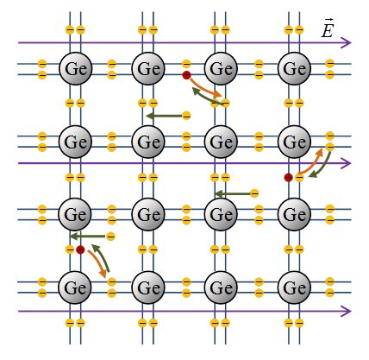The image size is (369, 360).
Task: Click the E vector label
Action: click(x=328, y=28)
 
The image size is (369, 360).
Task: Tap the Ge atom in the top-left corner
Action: click(x=76, y=69)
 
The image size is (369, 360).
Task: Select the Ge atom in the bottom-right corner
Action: click(x=294, y=287)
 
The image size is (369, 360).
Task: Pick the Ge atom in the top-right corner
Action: click(x=294, y=69)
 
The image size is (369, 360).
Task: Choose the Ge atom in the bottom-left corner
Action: click(x=75, y=287)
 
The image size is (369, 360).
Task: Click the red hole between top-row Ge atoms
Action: click(x=186, y=75)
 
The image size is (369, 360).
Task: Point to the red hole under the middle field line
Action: click(x=288, y=178)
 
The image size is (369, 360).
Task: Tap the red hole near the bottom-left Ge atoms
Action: click(x=80, y=249)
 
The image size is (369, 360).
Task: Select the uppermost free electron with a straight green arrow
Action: click(x=186, y=116)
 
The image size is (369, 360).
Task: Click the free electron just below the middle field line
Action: click(x=254, y=193)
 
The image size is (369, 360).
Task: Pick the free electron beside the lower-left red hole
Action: click(x=111, y=237)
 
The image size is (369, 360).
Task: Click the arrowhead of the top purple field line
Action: click(x=347, y=43)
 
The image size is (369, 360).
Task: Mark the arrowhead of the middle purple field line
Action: click(x=347, y=163)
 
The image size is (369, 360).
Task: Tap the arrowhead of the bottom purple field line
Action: click(x=347, y=311)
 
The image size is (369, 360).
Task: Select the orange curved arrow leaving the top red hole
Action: click(x=204, y=88)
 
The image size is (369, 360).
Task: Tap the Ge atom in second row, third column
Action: click(x=221, y=142)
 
